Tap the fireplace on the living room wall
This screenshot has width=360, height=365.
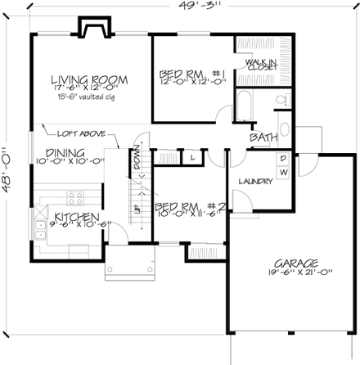pyautogui.click(x=92, y=28)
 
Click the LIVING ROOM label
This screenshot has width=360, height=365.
pyautogui.click(x=89, y=79)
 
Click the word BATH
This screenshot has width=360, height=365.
pyautogui.click(x=263, y=137)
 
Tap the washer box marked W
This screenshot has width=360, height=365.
pyautogui.click(x=283, y=172)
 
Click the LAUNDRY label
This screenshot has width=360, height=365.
pyautogui.click(x=254, y=182)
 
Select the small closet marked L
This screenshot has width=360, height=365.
pyautogui.click(x=191, y=155)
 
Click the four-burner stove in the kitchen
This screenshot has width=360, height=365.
pyautogui.click(x=75, y=198)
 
